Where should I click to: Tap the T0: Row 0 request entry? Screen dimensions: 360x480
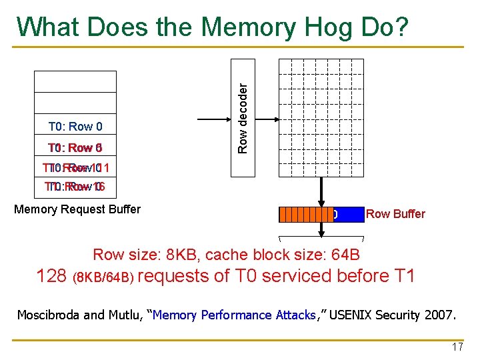tap(75, 127)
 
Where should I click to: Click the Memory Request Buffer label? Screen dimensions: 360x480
tap(77, 209)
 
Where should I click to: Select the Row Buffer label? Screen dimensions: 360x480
tap(395, 214)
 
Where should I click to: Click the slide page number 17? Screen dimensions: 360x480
tap(457, 347)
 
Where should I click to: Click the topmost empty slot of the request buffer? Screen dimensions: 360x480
tap(75, 81)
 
